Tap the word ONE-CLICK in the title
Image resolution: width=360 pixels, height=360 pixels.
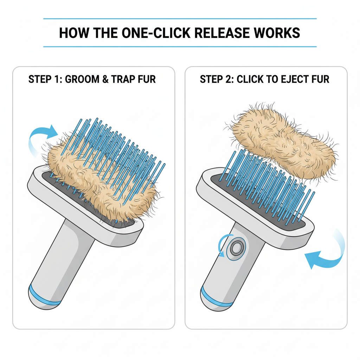[156, 33]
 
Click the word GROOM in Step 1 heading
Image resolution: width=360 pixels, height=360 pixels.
[82, 79]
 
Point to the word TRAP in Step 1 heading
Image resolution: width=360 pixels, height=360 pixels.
[122, 79]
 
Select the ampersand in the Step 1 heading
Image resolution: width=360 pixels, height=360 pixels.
[105, 79]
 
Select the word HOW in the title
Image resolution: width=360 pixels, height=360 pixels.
[74, 33]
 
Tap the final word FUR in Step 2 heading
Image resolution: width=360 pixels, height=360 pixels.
[320, 79]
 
